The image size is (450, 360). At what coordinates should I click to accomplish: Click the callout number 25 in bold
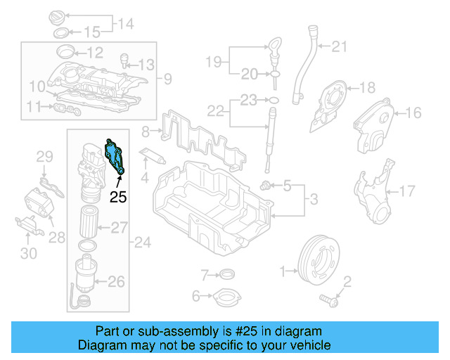[x=118, y=198]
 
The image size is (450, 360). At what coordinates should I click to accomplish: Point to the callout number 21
[x=340, y=47]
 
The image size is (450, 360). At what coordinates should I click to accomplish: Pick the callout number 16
[x=413, y=112]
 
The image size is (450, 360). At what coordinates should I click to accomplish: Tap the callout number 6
[x=196, y=295]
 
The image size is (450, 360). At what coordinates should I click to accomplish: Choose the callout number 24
[x=143, y=243]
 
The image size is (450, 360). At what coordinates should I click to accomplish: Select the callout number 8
[x=145, y=131]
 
